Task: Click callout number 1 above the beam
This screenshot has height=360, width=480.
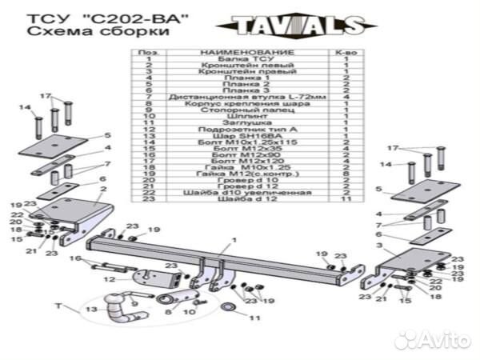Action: pos(234,240)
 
